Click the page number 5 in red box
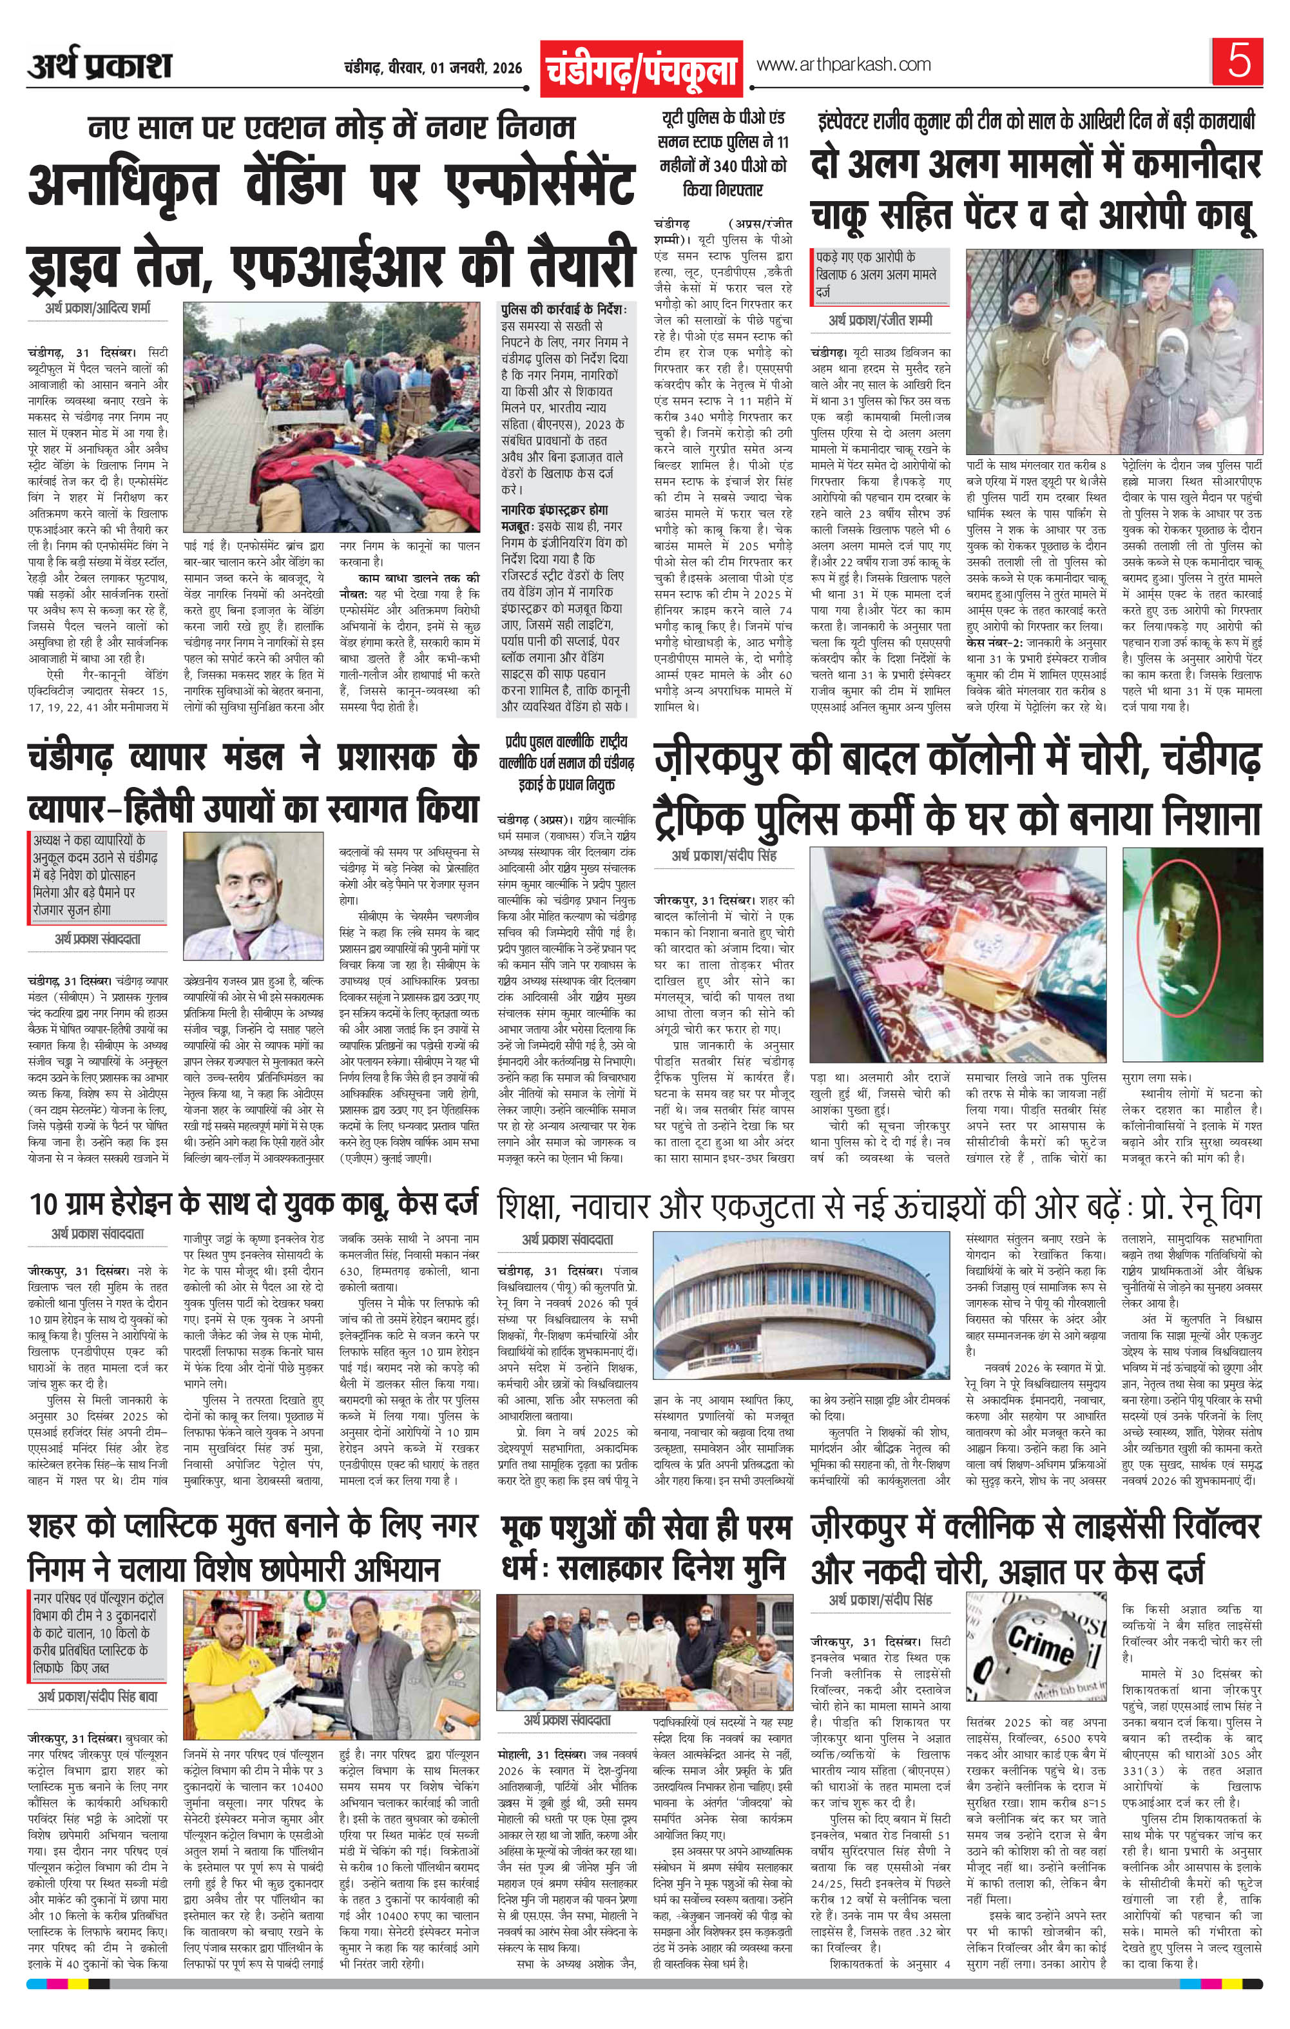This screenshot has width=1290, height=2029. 1238,63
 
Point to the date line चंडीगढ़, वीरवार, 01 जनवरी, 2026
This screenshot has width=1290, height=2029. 433,68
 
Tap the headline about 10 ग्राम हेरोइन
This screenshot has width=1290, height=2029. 253,1203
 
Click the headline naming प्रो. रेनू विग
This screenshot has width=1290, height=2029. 880,1203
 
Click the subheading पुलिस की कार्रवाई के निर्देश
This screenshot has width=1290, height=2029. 563,310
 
